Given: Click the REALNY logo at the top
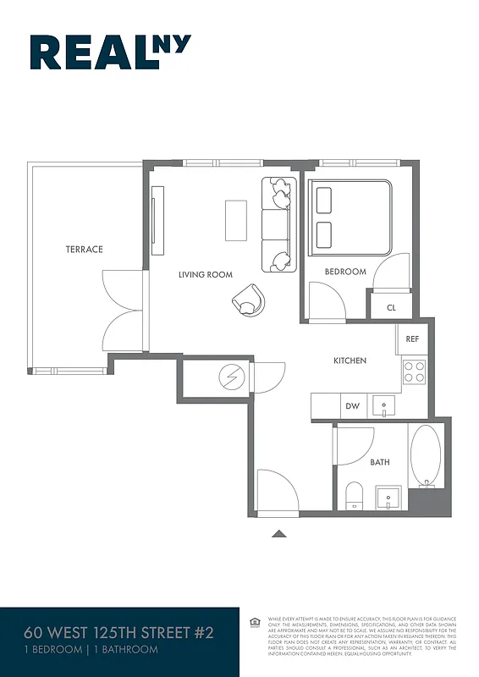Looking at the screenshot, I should click(x=110, y=52).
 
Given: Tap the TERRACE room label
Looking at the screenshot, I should click(x=85, y=249).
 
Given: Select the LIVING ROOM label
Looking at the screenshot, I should click(x=205, y=274).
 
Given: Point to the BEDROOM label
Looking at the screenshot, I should click(x=345, y=272).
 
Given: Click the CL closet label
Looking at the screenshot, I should click(x=391, y=308).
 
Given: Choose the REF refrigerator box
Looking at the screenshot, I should click(x=412, y=338).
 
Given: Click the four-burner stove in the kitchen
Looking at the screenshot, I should click(x=414, y=372).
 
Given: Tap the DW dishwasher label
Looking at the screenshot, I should click(x=353, y=407).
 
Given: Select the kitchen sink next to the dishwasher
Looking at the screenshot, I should click(x=384, y=406).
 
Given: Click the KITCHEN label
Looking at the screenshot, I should click(x=350, y=361).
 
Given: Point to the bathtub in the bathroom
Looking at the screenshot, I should click(x=425, y=456).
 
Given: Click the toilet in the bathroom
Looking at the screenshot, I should click(x=354, y=494).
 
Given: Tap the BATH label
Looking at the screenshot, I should click(x=380, y=462).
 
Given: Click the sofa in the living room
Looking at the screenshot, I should click(x=277, y=223).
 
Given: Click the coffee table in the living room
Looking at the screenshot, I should click(x=236, y=220).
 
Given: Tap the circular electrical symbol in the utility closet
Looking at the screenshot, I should click(x=230, y=377).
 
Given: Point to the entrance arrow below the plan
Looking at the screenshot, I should click(x=278, y=533).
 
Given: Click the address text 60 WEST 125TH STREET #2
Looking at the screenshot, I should click(x=118, y=633).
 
